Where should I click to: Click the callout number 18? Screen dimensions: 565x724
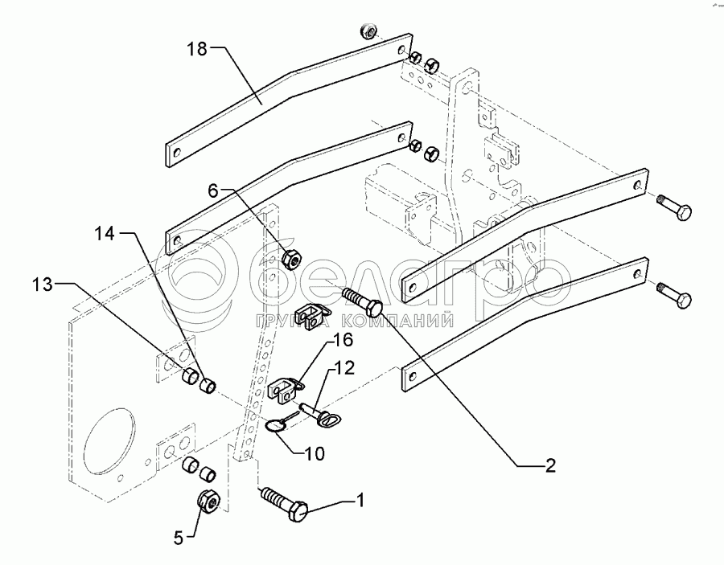pyautogui.click(x=197, y=50)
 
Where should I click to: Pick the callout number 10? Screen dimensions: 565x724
pyautogui.click(x=314, y=453)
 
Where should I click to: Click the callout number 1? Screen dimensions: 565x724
pyautogui.click(x=361, y=501)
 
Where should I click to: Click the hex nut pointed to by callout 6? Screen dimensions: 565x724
pyautogui.click(x=291, y=258)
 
